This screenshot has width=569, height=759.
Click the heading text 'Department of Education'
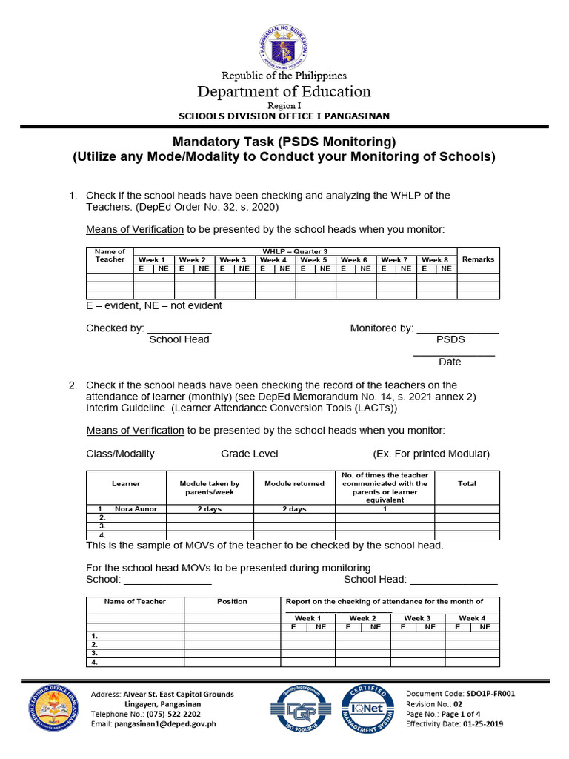point(284,92)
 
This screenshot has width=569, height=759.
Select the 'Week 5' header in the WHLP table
point(314,260)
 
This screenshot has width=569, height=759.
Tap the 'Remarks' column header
point(478,259)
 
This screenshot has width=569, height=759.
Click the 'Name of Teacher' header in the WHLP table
point(110,256)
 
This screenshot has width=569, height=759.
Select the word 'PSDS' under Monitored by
point(450,339)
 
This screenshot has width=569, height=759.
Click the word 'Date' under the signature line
point(450,362)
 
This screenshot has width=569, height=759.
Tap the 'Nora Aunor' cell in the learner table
point(131,509)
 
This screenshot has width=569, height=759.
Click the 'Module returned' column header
point(294,484)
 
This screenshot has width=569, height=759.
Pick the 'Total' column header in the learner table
point(467,484)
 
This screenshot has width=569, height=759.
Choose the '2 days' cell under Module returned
point(294,509)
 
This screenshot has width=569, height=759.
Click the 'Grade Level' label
point(250,454)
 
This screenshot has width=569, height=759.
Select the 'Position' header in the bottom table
point(232,602)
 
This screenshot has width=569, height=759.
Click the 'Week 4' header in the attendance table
point(472,618)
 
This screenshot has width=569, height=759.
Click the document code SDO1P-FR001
point(486,694)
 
